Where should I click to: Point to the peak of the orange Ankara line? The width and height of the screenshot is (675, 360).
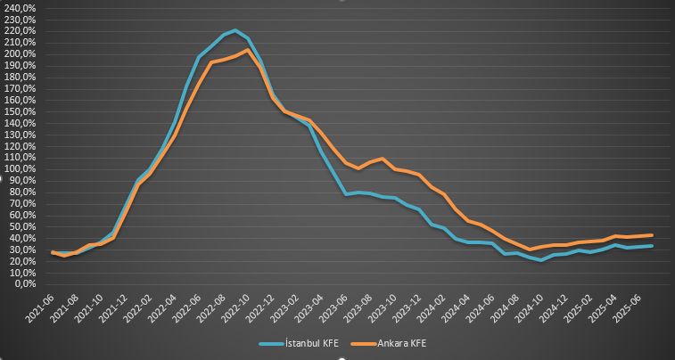pyautogui.click(x=247, y=50)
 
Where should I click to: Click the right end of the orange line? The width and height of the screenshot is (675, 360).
pyautogui.click(x=652, y=235)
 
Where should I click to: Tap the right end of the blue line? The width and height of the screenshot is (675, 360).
pyautogui.click(x=652, y=246)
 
